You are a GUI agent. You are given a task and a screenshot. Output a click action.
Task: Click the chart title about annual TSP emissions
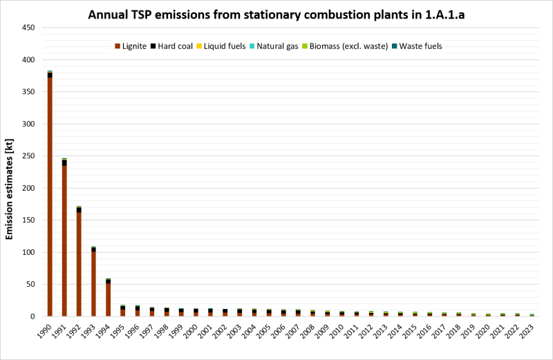(276, 15)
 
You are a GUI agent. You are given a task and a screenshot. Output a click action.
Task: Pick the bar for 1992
(79, 263)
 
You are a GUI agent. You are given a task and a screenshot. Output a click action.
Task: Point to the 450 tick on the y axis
(29, 28)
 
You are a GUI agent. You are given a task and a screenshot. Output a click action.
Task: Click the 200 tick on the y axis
(29, 189)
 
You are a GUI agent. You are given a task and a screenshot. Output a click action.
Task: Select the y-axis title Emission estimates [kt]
(10, 173)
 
